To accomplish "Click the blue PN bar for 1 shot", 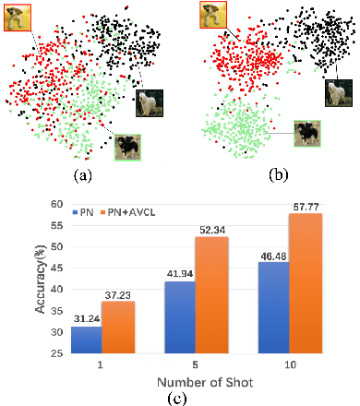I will [85, 340].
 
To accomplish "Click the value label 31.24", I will [85, 317].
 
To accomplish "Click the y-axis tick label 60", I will [56, 204].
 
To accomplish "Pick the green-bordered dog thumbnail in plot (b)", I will [307, 133].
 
